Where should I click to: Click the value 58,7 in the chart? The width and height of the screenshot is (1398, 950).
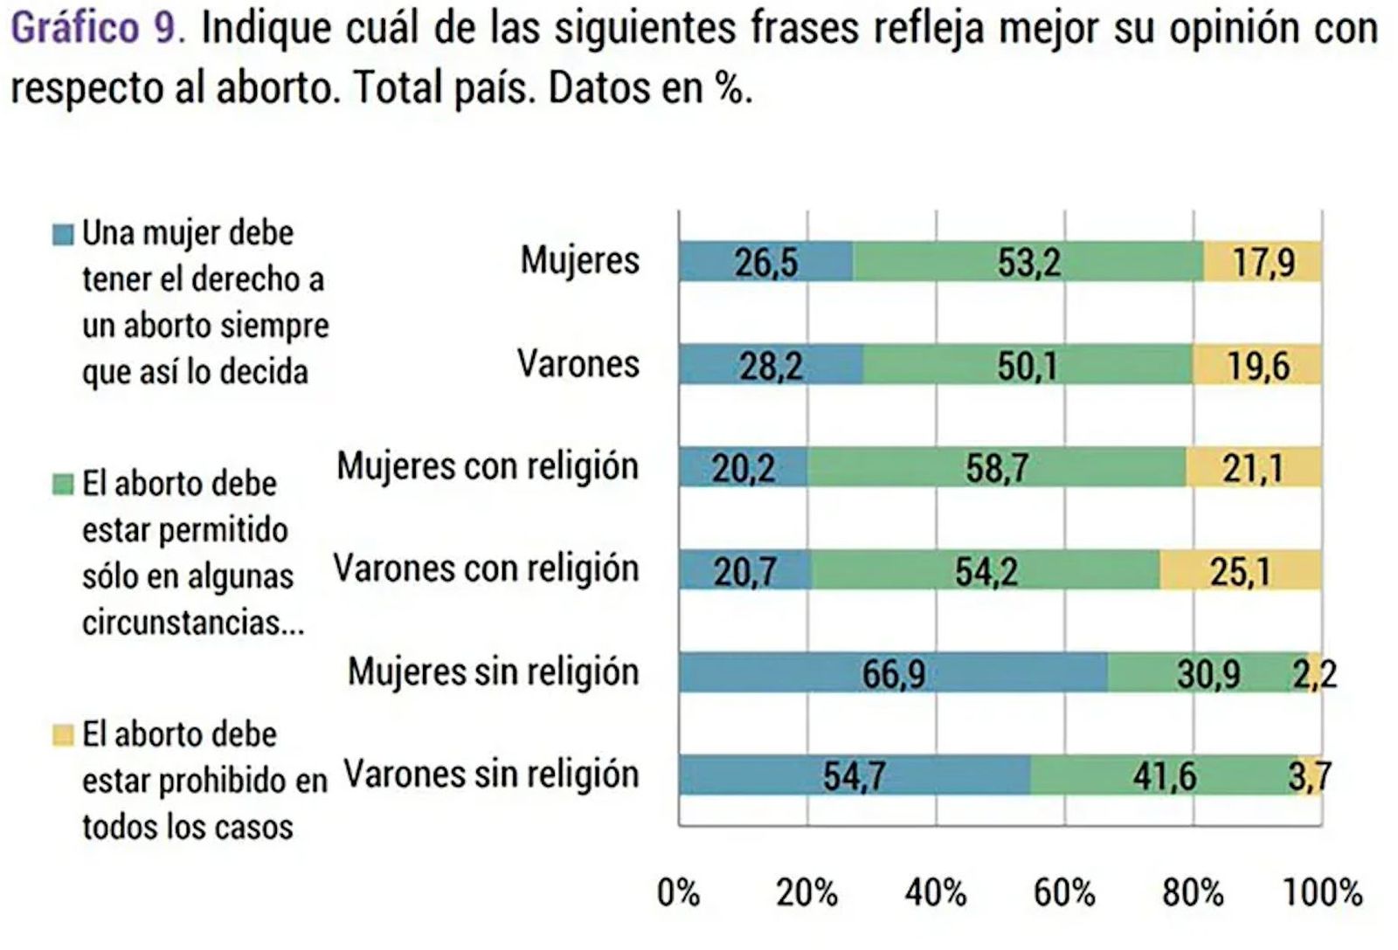(996, 469)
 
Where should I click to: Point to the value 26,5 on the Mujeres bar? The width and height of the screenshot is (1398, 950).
(765, 262)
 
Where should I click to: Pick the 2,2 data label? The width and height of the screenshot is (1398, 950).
(1314, 674)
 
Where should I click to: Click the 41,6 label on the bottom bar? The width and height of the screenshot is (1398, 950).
(1165, 775)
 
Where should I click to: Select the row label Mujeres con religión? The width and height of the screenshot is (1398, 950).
(488, 466)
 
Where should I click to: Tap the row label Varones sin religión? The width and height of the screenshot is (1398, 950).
(491, 774)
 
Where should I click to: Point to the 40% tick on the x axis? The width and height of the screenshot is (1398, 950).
(935, 892)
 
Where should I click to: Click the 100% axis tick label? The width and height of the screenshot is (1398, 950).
(1322, 892)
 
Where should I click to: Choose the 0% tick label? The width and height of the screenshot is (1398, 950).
(678, 892)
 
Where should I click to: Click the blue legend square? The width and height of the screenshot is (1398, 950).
(63, 234)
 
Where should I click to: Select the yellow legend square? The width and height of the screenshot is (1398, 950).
(63, 735)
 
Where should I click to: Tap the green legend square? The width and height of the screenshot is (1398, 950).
(63, 485)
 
